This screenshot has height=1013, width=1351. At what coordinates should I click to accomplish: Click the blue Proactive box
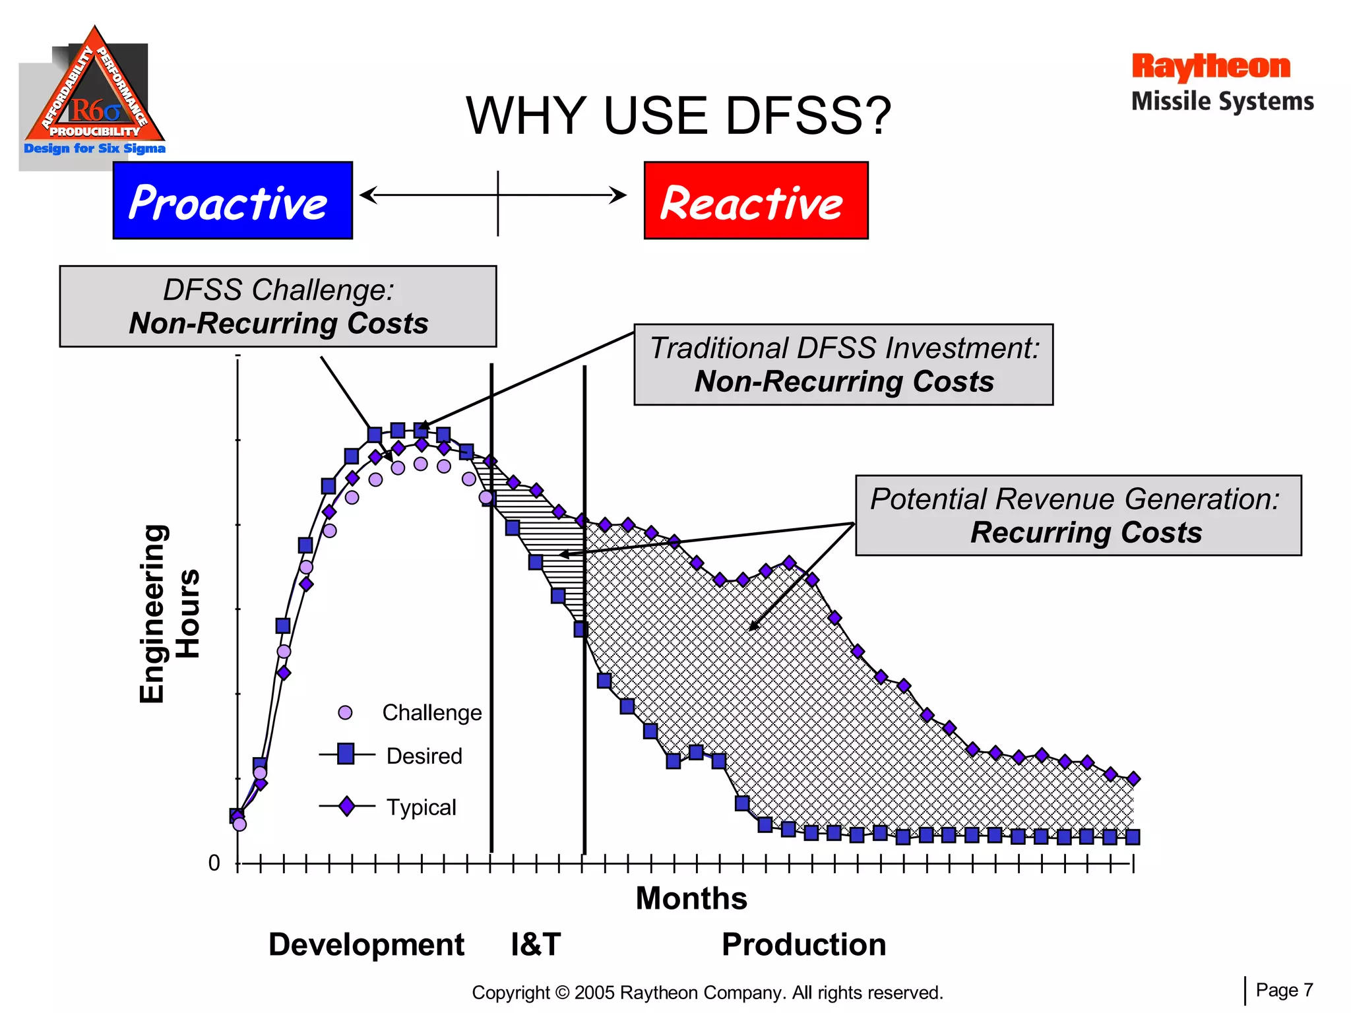pos(232,200)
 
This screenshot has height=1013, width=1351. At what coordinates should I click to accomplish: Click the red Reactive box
pos(755,200)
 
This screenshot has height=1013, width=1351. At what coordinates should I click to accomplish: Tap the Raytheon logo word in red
pos(1210,67)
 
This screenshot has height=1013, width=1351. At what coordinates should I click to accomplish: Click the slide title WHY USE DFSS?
pos(678,116)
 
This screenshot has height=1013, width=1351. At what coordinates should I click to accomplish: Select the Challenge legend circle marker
pos(345,712)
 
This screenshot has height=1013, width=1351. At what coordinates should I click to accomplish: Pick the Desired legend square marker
pos(346,754)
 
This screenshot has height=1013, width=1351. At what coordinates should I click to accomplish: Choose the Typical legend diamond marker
pos(346,806)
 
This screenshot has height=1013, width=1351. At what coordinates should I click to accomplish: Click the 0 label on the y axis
pos(214,863)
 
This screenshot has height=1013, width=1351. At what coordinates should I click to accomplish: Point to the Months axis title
pos(691,898)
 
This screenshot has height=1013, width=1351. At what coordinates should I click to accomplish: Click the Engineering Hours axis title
pos(170,614)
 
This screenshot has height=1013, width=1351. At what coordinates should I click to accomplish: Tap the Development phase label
pos(366,944)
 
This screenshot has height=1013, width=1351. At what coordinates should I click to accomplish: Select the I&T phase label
pos(536,944)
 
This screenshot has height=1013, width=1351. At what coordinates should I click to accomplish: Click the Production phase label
pos(803,944)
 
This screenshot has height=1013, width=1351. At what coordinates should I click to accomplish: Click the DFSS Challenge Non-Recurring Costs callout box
pos(278,307)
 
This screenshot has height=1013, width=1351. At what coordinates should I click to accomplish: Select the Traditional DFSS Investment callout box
pos(843,365)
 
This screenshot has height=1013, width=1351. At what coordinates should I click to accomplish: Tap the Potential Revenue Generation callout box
pos(1078,516)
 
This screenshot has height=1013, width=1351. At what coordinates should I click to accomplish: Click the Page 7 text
pos(1284,990)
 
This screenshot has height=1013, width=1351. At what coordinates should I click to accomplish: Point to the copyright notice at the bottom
pos(707,993)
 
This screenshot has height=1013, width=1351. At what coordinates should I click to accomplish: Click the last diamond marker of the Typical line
pos(1133,779)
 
